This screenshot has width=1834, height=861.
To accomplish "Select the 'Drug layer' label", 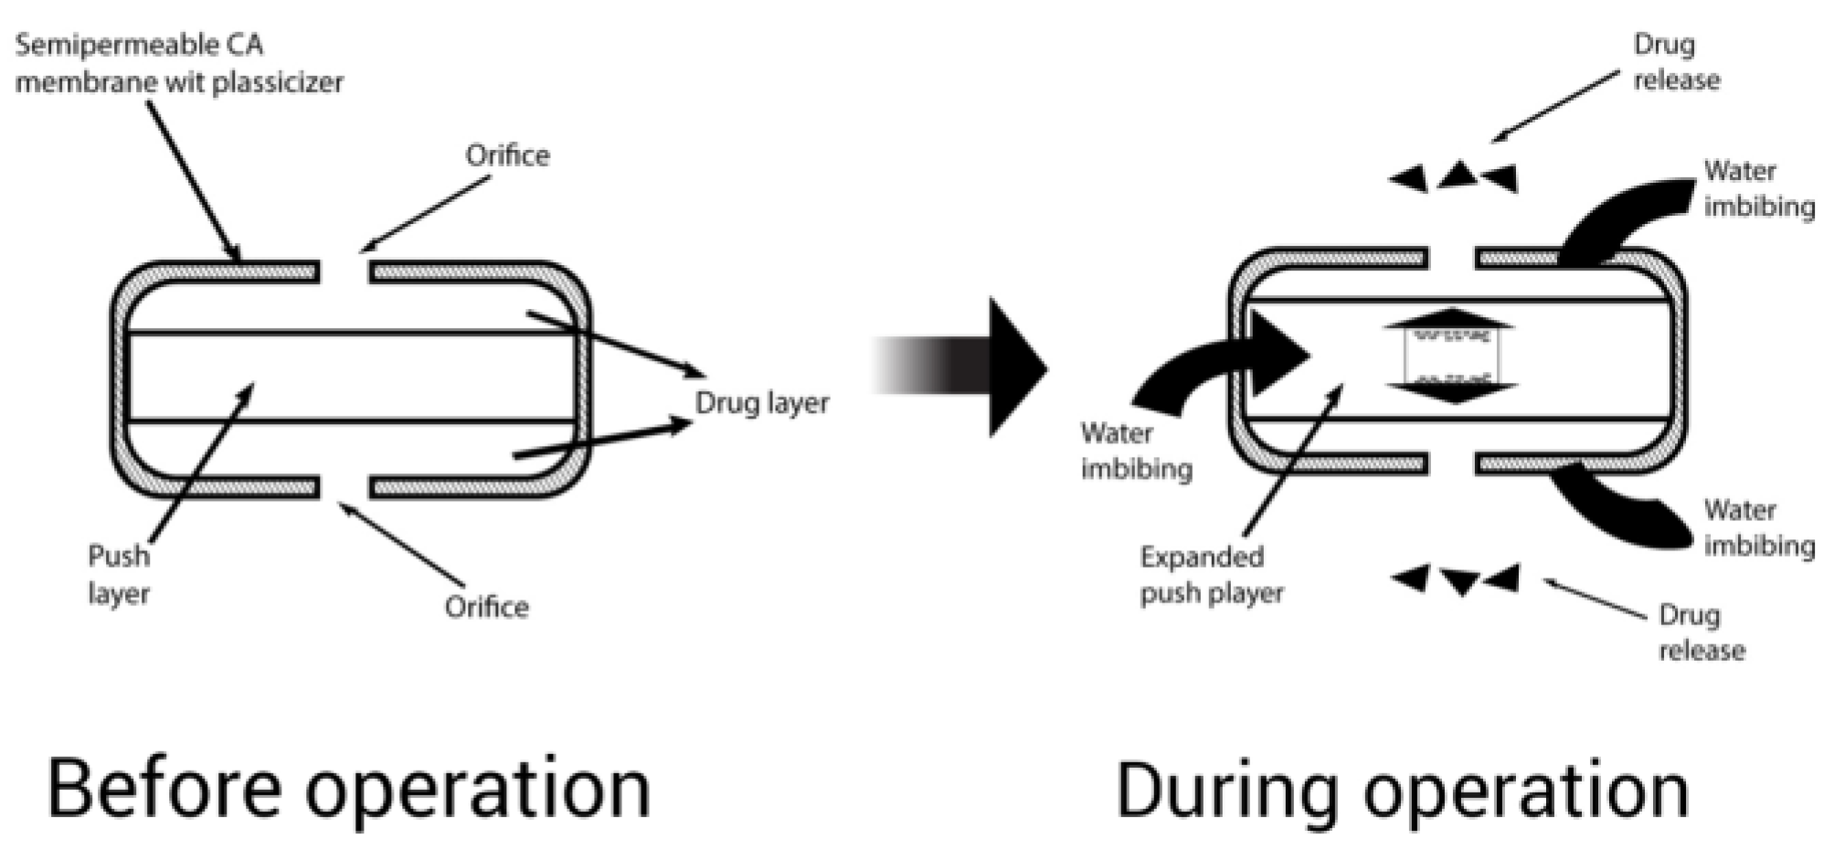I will tap(762, 403).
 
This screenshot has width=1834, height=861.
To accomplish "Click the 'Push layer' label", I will tap(119, 574).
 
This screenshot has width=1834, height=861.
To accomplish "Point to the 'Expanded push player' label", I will tap(1211, 575).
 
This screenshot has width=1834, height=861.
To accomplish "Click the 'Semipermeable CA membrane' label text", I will tap(179, 63).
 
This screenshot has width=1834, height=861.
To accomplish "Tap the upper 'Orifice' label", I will tap(507, 155).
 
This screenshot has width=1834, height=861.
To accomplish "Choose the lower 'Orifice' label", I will tap(486, 607).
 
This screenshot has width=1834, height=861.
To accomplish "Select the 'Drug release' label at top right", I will tap(1676, 62).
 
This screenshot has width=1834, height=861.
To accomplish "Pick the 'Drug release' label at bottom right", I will tap(1701, 632).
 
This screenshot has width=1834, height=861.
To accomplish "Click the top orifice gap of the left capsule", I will tap(345, 271).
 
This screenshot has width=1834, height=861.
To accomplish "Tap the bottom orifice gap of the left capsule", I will tap(345, 487).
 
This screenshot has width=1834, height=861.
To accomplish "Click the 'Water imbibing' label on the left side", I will tap(1136, 451).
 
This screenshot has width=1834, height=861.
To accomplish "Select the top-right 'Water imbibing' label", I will tap(1758, 188).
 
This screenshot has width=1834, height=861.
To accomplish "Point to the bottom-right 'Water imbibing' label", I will tap(1758, 527).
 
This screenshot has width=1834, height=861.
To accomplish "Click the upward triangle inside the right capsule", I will tap(1450, 319).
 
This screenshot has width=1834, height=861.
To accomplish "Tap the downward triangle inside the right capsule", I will tap(1451, 392).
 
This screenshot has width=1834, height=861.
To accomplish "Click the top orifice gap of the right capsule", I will tap(1451, 259).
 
